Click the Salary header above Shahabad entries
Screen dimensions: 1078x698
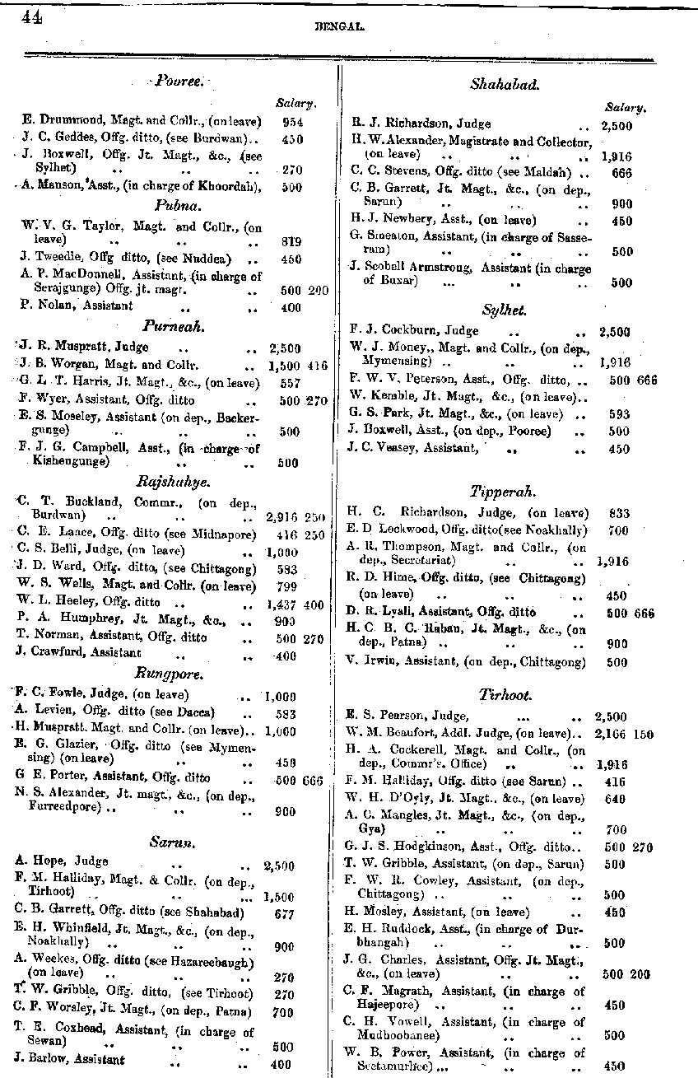pos(625,107)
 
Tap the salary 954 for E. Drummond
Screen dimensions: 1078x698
pos(292,120)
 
